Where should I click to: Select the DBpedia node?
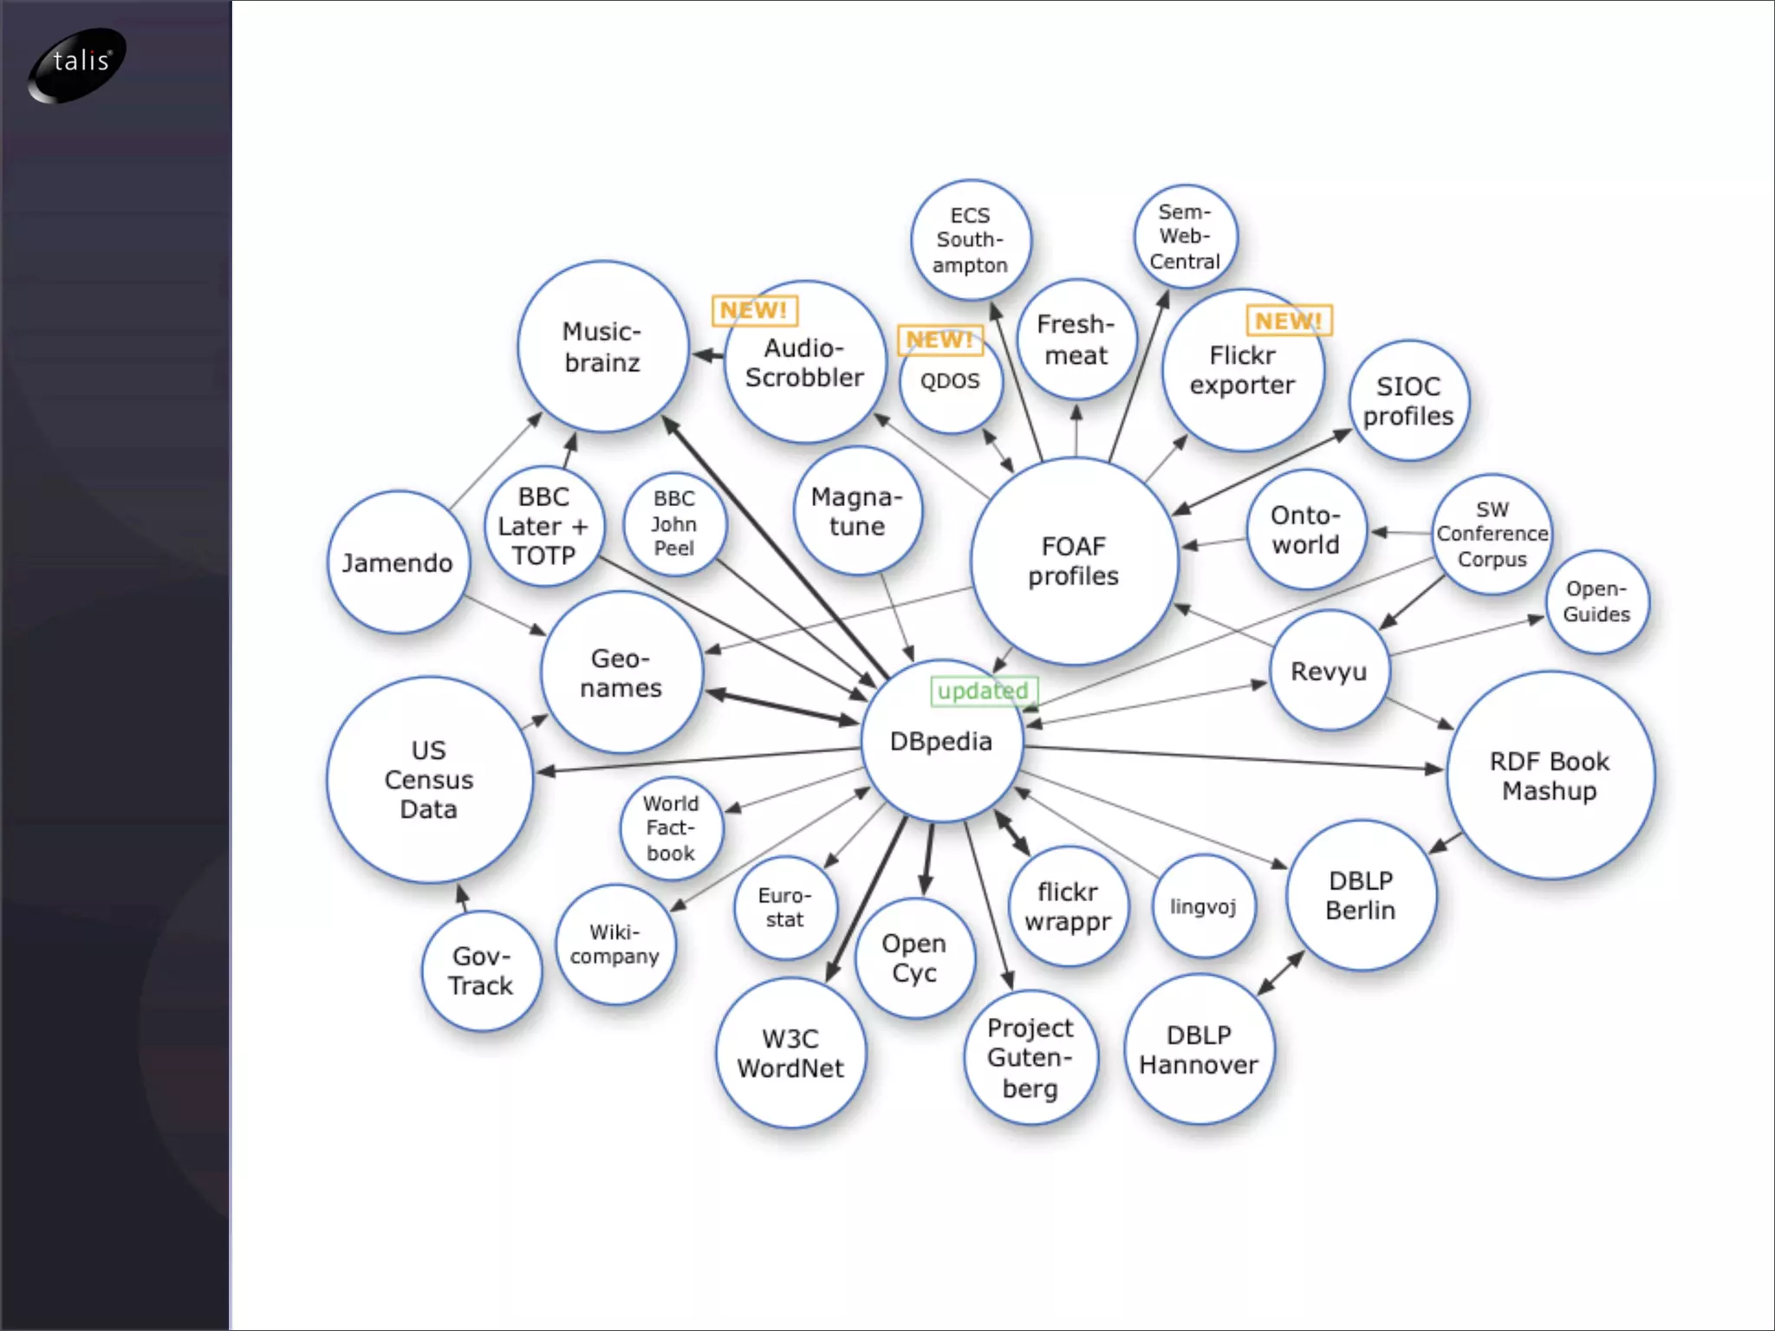point(941,742)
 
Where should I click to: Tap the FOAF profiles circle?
point(1073,562)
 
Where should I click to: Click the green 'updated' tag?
point(983,691)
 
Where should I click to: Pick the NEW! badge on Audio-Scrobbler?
point(754,310)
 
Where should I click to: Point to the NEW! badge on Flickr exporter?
point(1288,321)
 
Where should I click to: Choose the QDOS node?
point(950,381)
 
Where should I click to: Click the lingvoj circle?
point(1203,906)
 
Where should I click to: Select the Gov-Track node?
point(481,971)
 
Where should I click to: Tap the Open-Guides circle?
point(1596,601)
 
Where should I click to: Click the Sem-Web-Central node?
point(1185,237)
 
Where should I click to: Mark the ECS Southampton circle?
point(970,240)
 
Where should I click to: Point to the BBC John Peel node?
point(674,523)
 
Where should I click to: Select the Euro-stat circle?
point(784,907)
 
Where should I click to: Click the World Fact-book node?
point(671,828)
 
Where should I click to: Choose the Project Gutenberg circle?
point(1030,1057)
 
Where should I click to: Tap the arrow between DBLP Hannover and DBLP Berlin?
point(1280,972)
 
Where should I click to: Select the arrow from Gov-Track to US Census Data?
point(463,898)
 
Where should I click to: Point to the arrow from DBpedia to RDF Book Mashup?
point(1231,757)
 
